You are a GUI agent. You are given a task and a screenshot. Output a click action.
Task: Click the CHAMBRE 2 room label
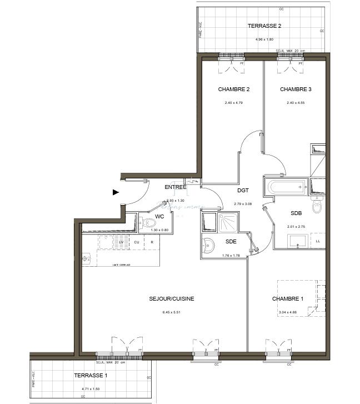point(233,89)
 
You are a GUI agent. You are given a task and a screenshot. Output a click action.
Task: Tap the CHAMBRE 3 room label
point(296,89)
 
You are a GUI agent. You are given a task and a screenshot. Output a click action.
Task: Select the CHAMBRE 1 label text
point(288,299)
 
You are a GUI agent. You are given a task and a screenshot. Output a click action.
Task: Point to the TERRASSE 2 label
point(264,26)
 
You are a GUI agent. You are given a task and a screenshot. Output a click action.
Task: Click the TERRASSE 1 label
point(91,376)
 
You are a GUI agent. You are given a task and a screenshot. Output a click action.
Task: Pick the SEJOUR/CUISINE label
point(172,299)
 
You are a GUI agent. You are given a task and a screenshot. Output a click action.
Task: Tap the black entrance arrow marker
point(116,192)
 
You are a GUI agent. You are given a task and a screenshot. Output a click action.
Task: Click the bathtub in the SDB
point(286,187)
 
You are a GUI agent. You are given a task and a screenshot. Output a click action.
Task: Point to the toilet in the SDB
point(317,207)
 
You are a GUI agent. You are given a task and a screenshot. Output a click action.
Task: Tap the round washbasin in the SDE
point(208,245)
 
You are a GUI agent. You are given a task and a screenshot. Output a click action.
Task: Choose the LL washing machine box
point(318,241)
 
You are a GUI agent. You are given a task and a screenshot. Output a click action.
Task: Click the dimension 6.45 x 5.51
point(172,312)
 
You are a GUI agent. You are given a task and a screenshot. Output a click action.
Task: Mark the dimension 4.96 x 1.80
point(264,39)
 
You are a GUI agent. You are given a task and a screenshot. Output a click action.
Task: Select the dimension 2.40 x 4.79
point(233,103)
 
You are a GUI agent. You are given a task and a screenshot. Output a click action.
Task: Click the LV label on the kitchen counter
point(121,242)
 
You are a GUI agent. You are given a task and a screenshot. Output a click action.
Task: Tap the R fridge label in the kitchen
point(151,242)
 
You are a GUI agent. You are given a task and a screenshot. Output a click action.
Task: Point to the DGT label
point(243,190)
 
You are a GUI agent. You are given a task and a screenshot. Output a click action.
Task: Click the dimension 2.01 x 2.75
point(296,227)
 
